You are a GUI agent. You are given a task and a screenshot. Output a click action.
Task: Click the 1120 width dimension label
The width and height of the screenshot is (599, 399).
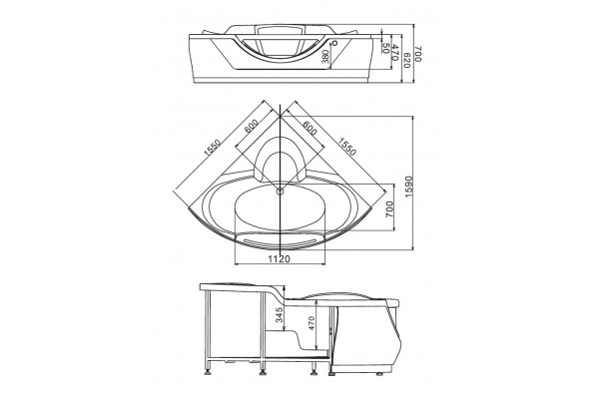click(x=279, y=259)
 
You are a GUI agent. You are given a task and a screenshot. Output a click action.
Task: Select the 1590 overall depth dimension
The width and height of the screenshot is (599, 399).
click(x=408, y=187)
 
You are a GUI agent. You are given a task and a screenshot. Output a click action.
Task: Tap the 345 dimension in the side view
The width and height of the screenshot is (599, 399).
click(x=280, y=314)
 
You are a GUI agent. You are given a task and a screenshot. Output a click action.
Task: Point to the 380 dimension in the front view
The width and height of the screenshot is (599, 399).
click(x=325, y=57)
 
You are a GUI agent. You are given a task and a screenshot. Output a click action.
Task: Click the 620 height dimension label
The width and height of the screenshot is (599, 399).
click(x=406, y=60)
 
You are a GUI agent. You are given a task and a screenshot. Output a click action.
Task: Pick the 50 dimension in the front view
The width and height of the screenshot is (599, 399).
click(x=385, y=48)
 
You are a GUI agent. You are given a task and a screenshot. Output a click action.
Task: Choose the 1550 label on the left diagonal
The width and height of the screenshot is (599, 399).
click(x=212, y=148)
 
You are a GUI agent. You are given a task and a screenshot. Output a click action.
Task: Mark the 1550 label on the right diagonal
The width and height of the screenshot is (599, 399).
click(x=347, y=147)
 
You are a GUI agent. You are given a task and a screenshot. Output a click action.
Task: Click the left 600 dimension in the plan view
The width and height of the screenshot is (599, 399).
click(x=252, y=126)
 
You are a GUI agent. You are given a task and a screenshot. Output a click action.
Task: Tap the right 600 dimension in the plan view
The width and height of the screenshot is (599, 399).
click(x=309, y=128)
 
